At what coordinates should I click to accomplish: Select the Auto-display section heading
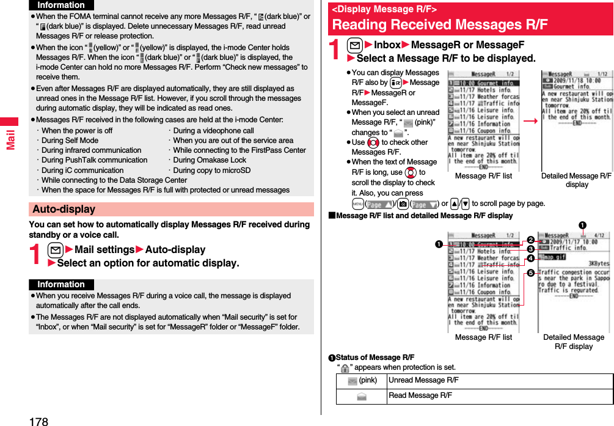64,209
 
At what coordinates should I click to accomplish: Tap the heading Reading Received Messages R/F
440,24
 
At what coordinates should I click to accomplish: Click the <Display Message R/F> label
384,9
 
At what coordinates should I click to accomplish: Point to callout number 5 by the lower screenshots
530,273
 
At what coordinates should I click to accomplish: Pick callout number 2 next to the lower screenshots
530,240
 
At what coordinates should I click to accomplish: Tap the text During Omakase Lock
210,160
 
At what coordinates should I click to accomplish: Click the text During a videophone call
213,130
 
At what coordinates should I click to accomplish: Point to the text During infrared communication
91,150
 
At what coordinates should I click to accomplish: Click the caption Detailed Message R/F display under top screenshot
576,180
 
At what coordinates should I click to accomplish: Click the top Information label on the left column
61,5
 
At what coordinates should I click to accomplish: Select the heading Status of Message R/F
375,357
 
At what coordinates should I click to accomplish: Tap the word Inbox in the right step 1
387,45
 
